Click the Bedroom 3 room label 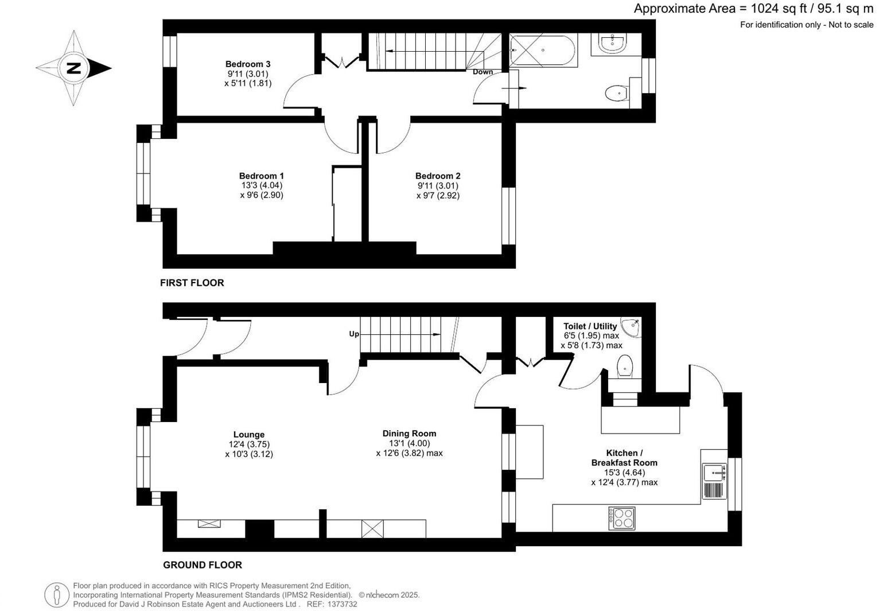[247, 64]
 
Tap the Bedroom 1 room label [262, 176]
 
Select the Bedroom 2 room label [438, 176]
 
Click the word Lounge [249, 435]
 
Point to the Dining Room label [409, 434]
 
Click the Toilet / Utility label [590, 326]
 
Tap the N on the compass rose [73, 68]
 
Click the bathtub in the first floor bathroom [542, 51]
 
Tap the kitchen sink [714, 473]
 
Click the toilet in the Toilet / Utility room [624, 366]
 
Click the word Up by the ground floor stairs [354, 334]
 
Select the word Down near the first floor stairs [483, 72]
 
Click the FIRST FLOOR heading [192, 283]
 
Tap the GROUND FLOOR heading [203, 564]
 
